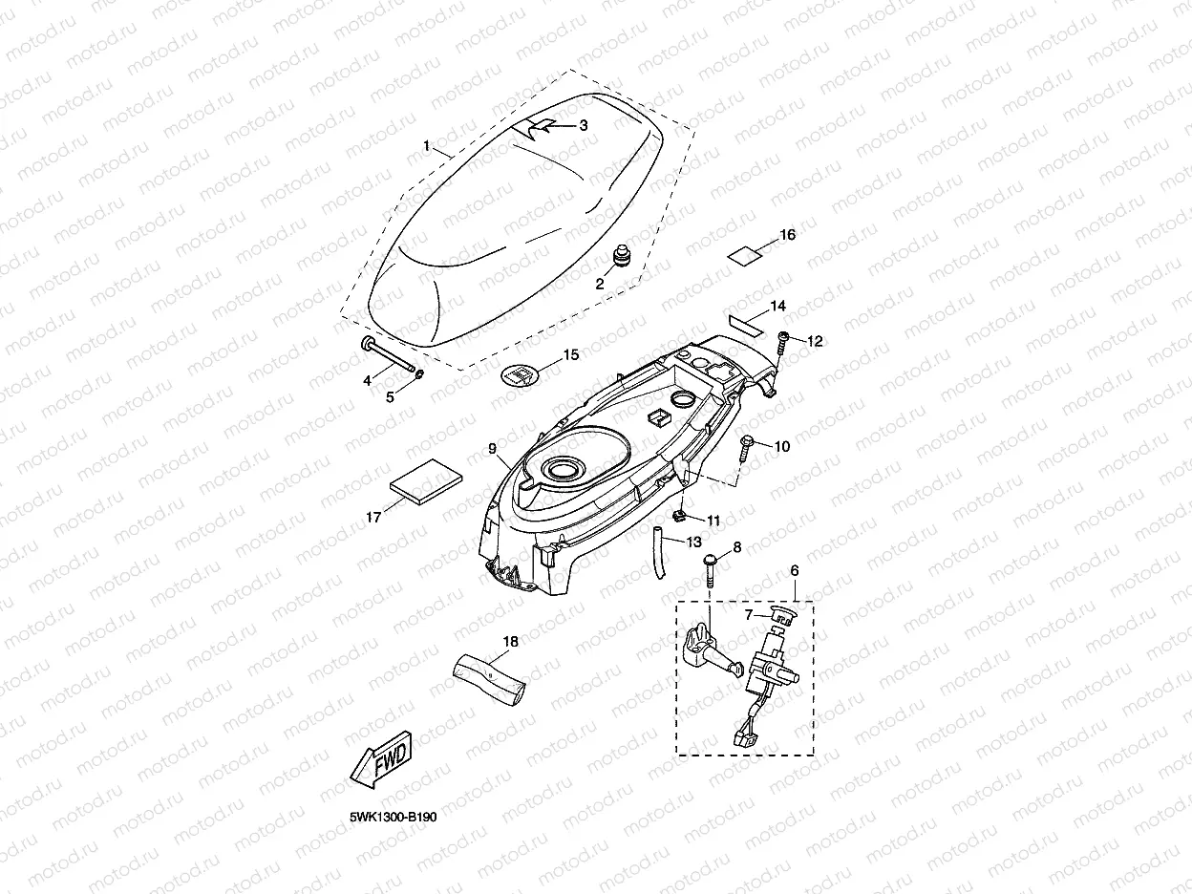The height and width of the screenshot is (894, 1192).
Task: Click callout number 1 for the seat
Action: pos(428,145)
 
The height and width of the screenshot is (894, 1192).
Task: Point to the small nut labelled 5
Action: pos(421,385)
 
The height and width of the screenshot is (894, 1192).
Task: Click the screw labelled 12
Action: pos(782,338)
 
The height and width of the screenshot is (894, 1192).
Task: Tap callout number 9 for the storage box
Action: pos(493,448)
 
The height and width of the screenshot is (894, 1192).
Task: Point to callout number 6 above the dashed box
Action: pos(794,569)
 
